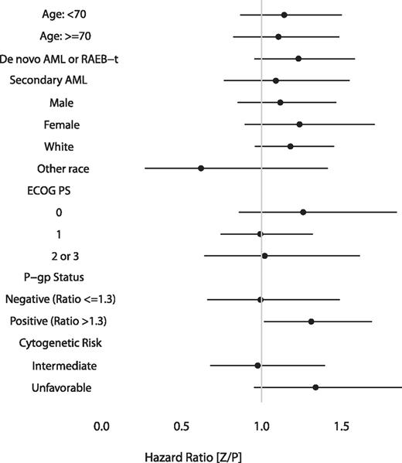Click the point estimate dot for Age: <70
click(x=284, y=15)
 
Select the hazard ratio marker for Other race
click(x=201, y=168)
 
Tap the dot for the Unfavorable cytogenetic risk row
click(x=315, y=386)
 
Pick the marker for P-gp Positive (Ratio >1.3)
click(x=311, y=321)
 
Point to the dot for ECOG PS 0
click(x=303, y=212)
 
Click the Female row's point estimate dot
click(x=299, y=124)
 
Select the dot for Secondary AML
click(x=275, y=80)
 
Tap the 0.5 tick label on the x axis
click(x=182, y=425)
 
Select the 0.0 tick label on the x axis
click(x=101, y=425)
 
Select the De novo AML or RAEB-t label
click(x=59, y=59)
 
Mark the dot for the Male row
click(x=280, y=102)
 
